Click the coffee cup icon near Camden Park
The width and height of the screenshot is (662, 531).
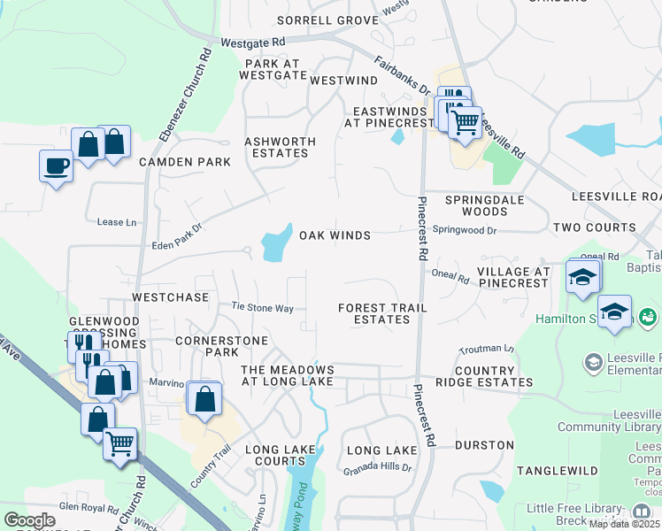[56, 165]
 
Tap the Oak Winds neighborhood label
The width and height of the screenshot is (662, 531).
[334, 235]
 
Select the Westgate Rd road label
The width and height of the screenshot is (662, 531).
[252, 42]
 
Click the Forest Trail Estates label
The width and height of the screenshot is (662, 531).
[382, 313]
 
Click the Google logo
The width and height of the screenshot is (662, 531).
[29, 520]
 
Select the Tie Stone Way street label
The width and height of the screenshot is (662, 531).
[262, 307]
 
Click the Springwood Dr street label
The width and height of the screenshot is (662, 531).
[466, 230]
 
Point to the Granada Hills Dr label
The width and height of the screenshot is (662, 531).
[378, 466]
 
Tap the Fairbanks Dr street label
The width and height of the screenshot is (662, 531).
[402, 78]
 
